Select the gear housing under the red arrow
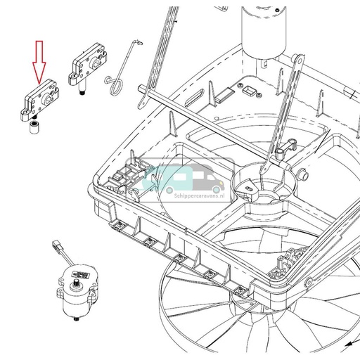38,98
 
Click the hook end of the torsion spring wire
133,46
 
